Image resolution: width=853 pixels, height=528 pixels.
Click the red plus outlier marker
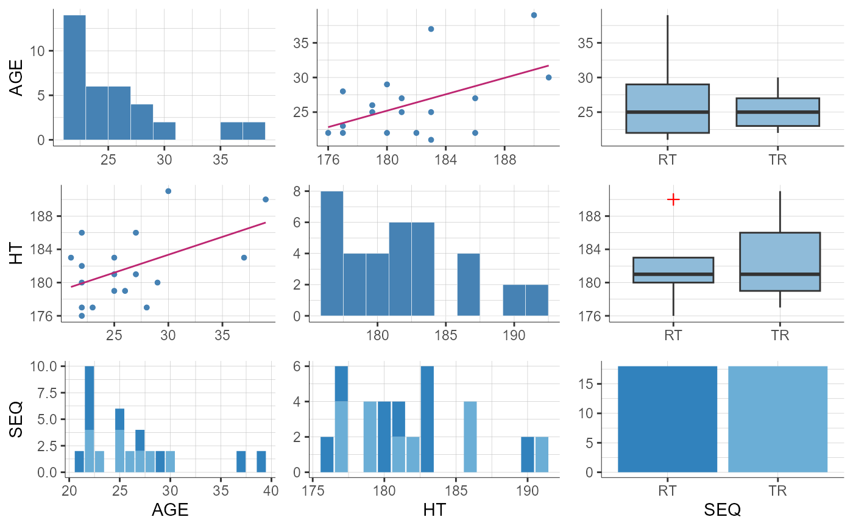[x=673, y=199]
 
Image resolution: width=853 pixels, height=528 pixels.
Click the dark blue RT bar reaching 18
[x=667, y=419]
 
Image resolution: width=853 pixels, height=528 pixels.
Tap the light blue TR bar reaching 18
[x=777, y=419]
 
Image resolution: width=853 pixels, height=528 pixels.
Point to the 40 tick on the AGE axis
[x=271, y=489]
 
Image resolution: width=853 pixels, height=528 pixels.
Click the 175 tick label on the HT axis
[x=313, y=489]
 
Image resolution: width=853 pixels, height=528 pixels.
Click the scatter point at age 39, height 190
[x=266, y=199]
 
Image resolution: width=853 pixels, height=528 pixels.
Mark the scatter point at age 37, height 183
[x=244, y=257]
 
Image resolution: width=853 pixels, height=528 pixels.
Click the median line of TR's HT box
[x=780, y=274]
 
